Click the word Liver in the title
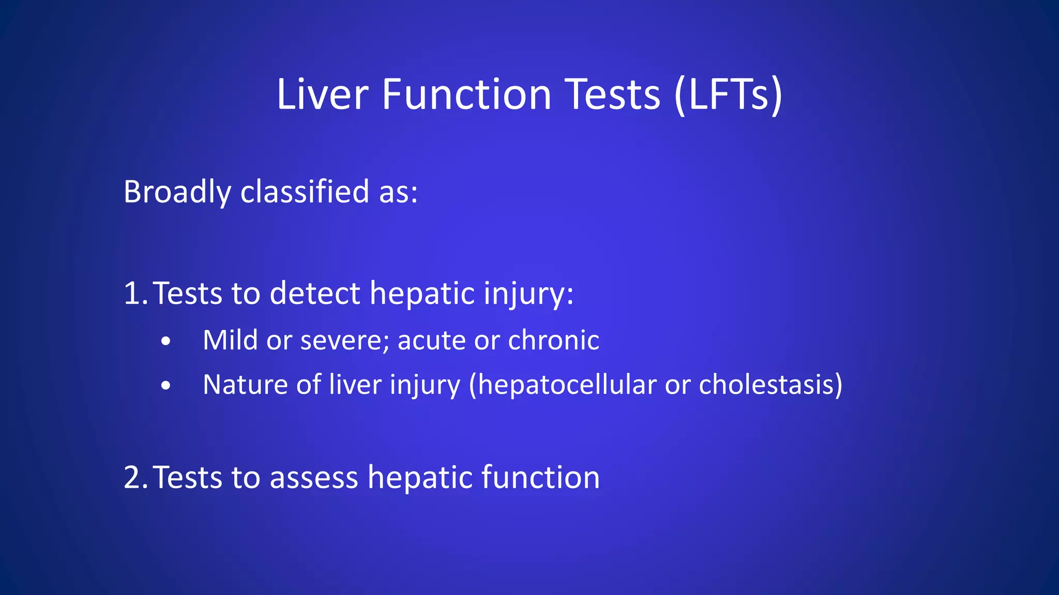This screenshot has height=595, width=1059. tap(322, 95)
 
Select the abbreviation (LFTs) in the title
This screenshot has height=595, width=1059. tap(728, 95)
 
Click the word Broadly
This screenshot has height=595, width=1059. tap(177, 192)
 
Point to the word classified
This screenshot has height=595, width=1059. tap(305, 192)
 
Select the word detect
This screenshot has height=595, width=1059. tap(314, 293)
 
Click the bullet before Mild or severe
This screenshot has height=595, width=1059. tap(165, 341)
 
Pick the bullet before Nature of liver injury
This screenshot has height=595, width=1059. tap(165, 385)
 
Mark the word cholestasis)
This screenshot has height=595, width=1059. tap(770, 385)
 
